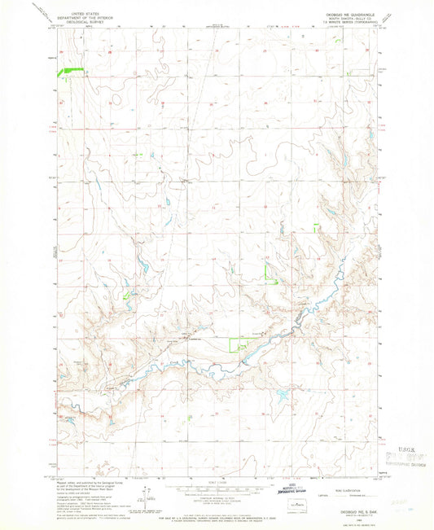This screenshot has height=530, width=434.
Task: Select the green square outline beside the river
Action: pos(239,344)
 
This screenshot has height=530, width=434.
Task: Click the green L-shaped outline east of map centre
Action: pos(271,271)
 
